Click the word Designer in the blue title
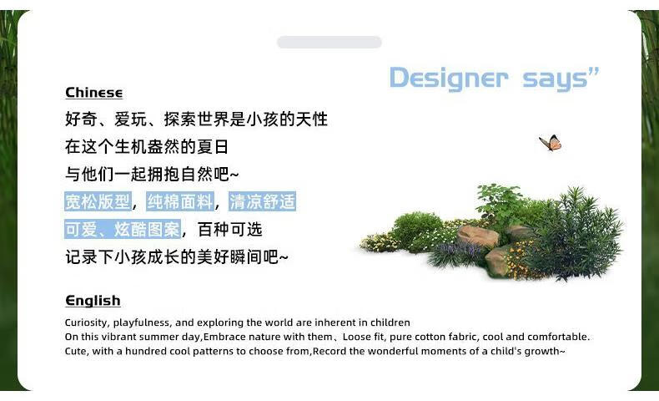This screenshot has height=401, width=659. tap(449, 79)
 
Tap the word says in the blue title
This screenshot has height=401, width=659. tap(555, 79)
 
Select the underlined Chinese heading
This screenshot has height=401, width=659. tap(93, 93)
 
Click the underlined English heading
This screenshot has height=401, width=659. tap(93, 301)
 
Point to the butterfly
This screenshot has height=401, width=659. tap(551, 143)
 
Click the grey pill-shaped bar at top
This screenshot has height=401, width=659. tap(329, 42)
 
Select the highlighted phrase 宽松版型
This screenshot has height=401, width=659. tap(98, 201)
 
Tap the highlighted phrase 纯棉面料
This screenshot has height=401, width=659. tap(180, 201)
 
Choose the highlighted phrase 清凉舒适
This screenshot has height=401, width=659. tap(262, 201)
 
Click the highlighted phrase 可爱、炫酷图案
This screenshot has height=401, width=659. tap(123, 230)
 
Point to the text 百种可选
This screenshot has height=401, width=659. tap(230, 230)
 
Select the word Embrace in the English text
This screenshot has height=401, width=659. tap(224, 337)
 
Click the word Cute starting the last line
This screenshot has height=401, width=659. tap(75, 351)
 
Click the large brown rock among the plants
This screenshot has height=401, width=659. tap(477, 236)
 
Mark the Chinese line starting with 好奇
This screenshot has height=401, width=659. tap(196, 119)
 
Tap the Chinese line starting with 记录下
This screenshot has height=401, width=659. tap(177, 256)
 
